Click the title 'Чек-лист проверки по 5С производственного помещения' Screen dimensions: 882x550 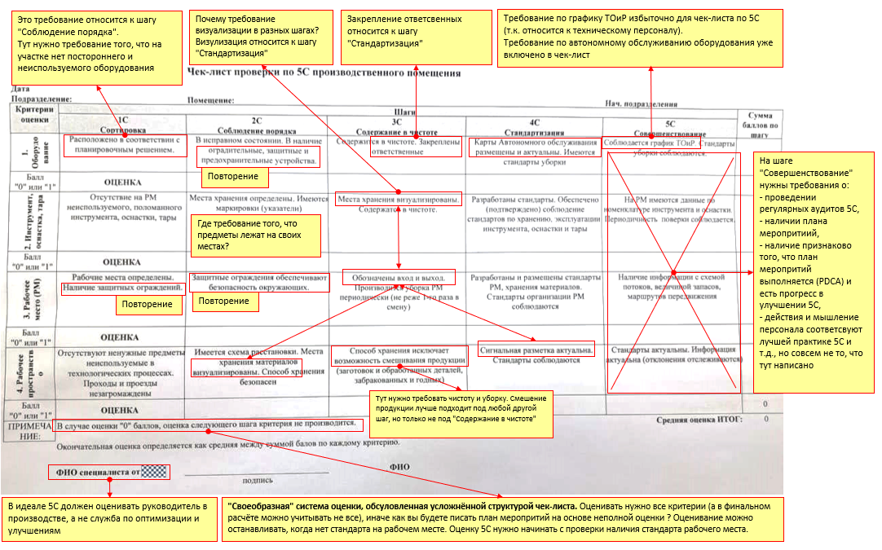(324, 73)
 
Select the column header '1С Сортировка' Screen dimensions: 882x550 (122, 124)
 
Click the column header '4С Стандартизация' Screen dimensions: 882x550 (535, 125)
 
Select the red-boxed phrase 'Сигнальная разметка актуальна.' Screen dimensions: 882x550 (536, 350)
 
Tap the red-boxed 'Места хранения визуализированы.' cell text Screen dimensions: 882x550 (398, 199)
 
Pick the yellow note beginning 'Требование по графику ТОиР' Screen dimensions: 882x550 (641, 37)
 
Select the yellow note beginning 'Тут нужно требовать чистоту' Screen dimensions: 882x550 (461, 411)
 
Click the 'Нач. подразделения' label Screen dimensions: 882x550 (641, 104)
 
